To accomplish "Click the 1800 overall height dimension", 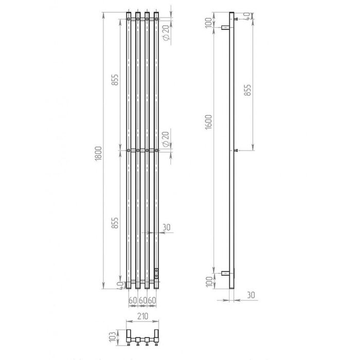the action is point(98,154).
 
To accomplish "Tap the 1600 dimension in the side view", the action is point(208,122).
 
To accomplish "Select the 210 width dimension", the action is point(143,316).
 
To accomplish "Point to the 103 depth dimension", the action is point(113,337).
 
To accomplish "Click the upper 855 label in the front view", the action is point(115,80).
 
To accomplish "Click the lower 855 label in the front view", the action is point(115,223).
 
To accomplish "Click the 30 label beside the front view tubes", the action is point(167,227).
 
